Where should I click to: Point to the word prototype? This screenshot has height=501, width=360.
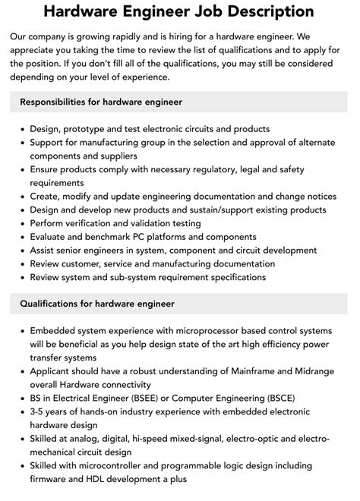[91, 129]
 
